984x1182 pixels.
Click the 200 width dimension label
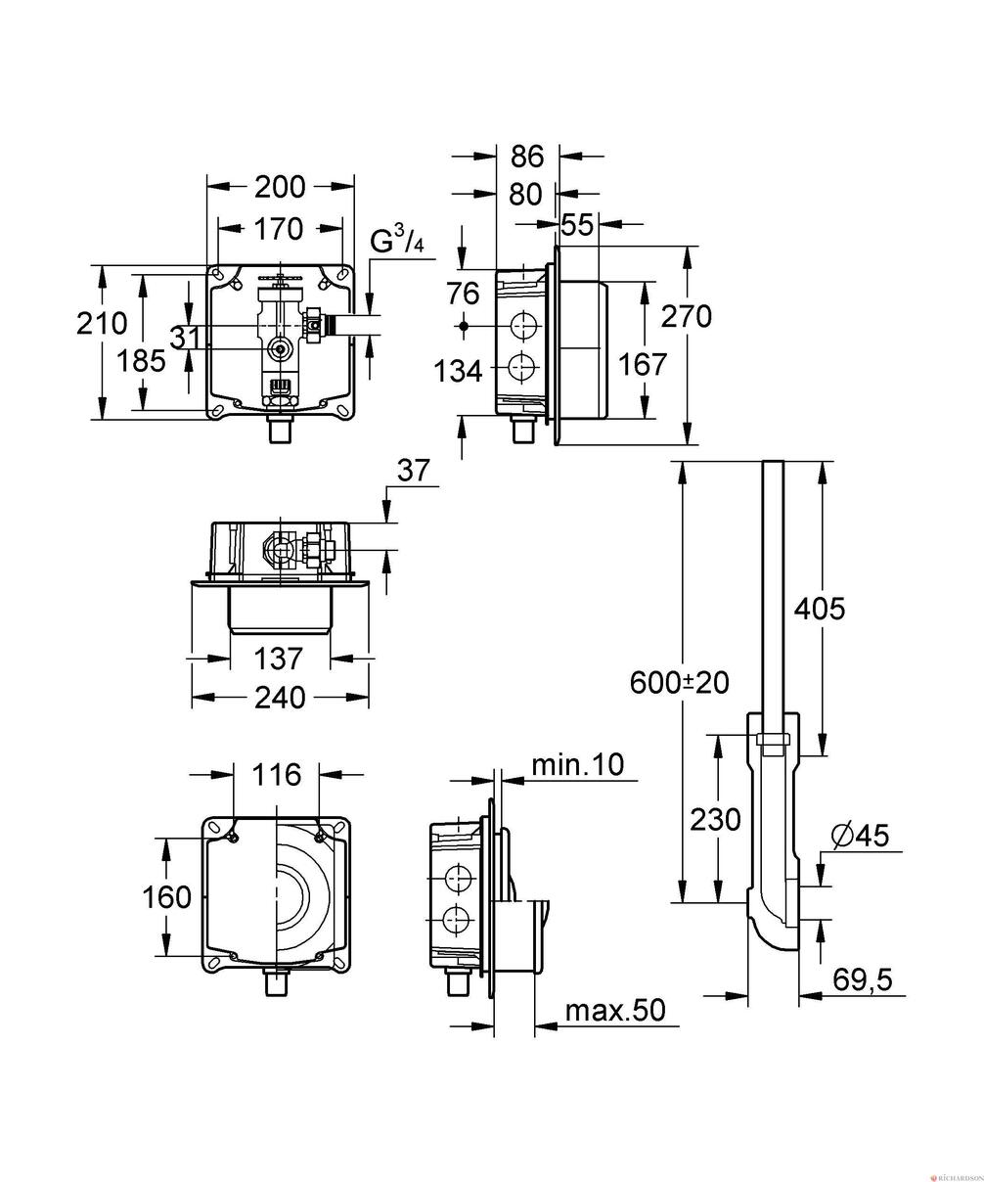click(x=280, y=187)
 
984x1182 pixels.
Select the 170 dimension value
click(x=279, y=229)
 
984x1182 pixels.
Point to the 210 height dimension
click(x=103, y=324)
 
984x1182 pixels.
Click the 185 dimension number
click(x=142, y=361)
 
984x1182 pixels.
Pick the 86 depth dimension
click(x=527, y=157)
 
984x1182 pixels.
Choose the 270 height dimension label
click(x=687, y=316)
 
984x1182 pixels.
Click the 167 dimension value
click(x=643, y=364)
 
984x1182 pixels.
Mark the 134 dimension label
click(x=459, y=372)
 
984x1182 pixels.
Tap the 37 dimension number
click(x=414, y=471)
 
